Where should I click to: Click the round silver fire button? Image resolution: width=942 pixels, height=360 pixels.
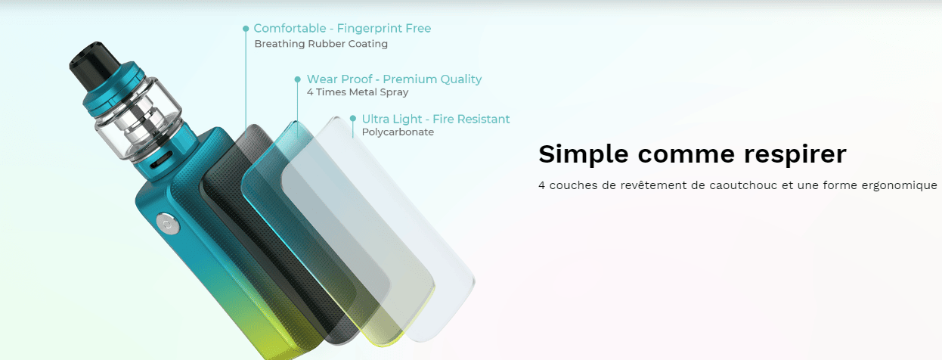tap(168, 223)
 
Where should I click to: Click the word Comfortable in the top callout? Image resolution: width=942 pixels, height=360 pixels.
tap(290, 28)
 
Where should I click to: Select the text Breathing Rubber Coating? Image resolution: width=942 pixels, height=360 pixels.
tap(321, 44)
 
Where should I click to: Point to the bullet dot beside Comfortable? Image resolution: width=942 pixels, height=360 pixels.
tap(246, 29)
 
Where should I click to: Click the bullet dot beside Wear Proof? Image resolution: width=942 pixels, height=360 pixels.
tap(298, 79)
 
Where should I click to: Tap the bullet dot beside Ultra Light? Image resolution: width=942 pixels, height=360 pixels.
tap(353, 119)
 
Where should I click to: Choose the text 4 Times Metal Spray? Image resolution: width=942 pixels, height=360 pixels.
tap(358, 92)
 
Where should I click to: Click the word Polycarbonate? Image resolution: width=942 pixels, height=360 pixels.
tap(398, 132)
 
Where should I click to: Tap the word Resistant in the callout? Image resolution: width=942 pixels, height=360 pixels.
tap(483, 119)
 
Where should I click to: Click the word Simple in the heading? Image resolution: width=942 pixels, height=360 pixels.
tap(584, 155)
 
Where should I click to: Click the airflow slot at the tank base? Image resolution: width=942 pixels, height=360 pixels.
tap(160, 160)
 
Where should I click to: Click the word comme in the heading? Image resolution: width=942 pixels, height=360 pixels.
tap(686, 155)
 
